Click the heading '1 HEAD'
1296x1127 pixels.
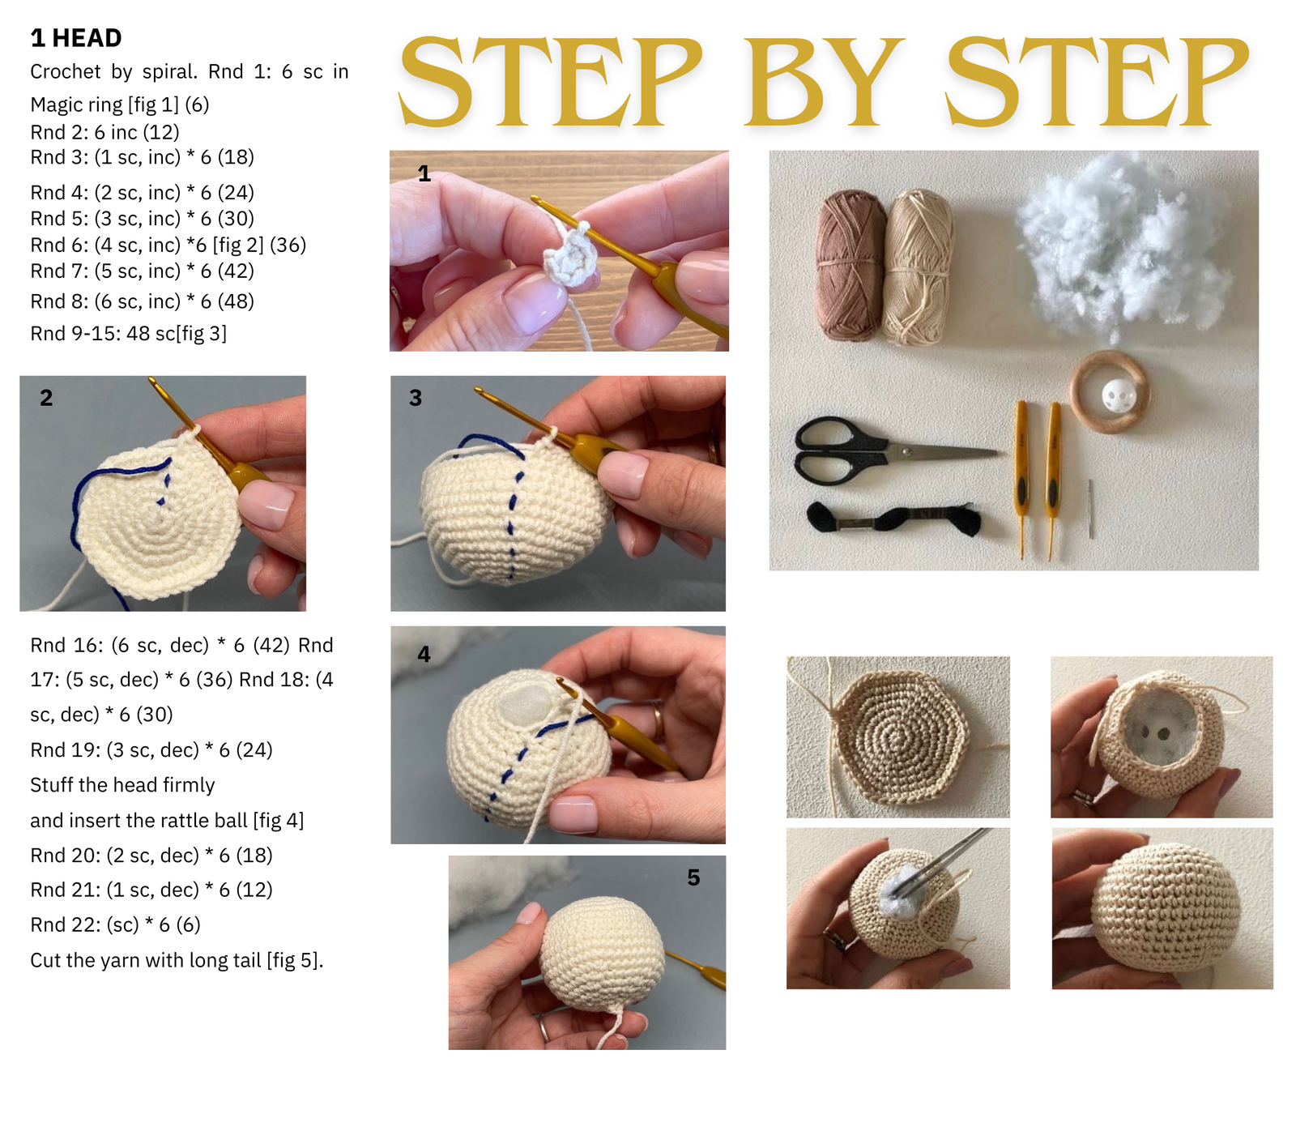[x=76, y=38]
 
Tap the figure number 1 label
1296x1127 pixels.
[x=424, y=173]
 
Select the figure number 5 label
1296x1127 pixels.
[x=693, y=877]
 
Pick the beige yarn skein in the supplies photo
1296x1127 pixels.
[x=918, y=266]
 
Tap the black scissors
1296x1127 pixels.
[x=895, y=450]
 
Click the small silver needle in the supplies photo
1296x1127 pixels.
[x=1091, y=508]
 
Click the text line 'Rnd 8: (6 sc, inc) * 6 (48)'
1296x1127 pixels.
[x=143, y=301]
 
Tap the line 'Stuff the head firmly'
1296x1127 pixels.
[x=122, y=785]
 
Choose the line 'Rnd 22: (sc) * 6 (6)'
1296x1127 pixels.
[x=115, y=924]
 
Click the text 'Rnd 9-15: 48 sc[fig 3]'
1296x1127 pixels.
[x=129, y=334]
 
